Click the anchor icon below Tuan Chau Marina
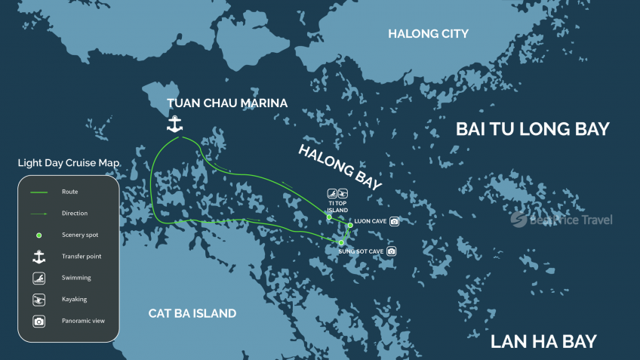[175, 125]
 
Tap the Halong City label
[428, 33]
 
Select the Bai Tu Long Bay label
[532, 129]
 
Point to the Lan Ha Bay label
[543, 341]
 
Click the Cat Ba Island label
[192, 313]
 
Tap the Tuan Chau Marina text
[227, 103]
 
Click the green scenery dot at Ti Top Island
[329, 217]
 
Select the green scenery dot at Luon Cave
[350, 225]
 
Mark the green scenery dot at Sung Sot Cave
[341, 242]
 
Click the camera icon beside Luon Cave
[394, 221]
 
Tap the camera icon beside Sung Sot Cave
[391, 251]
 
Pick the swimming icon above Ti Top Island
[331, 193]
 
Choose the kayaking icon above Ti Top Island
[343, 193]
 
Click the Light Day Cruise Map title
[69, 163]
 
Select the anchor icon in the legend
[38, 257]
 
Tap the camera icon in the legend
[38, 321]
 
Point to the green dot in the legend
[38, 235]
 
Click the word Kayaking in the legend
[75, 299]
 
